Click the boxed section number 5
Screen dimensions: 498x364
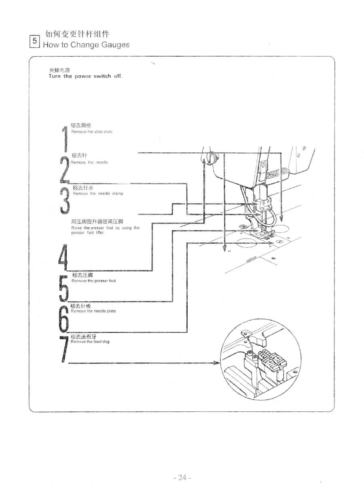pyautogui.click(x=35, y=41)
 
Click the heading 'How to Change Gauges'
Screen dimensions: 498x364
pyautogui.click(x=86, y=45)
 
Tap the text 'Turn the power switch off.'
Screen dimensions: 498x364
pyautogui.click(x=85, y=76)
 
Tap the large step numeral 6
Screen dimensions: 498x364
pyautogui.click(x=63, y=318)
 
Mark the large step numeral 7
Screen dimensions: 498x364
pyautogui.click(x=63, y=349)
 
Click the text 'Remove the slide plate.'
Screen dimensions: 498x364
pyautogui.click(x=92, y=132)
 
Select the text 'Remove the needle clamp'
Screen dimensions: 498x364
pyautogui.click(x=98, y=194)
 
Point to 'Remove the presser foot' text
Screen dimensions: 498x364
pyautogui.click(x=94, y=281)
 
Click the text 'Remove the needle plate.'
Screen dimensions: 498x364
pyautogui.click(x=94, y=311)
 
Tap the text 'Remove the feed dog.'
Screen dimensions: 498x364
pyautogui.click(x=91, y=342)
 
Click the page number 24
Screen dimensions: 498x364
pyautogui.click(x=182, y=477)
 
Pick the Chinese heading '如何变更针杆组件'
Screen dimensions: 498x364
pyautogui.click(x=77, y=34)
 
